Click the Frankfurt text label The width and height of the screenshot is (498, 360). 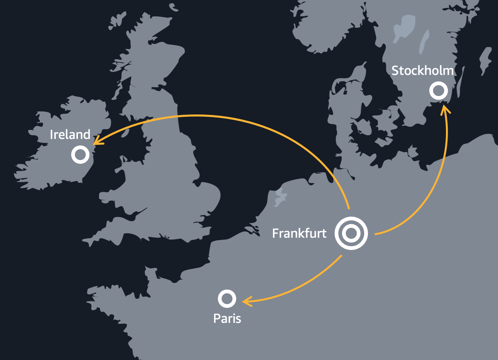[x=299, y=233]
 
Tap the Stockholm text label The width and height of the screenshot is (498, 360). [x=422, y=71]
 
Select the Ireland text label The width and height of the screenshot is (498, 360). [x=70, y=135]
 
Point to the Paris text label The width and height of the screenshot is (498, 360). [x=227, y=318]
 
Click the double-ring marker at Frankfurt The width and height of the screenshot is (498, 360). [x=351, y=234]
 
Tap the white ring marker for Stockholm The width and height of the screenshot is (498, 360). [x=438, y=91]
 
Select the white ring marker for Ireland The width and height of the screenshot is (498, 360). [x=80, y=154]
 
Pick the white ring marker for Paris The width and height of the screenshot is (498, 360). [x=227, y=299]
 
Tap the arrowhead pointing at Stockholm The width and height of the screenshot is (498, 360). [x=445, y=108]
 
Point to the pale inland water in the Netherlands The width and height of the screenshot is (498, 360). [x=280, y=198]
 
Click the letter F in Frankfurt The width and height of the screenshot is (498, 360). [x=275, y=233]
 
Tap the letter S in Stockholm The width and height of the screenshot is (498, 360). [x=395, y=71]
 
